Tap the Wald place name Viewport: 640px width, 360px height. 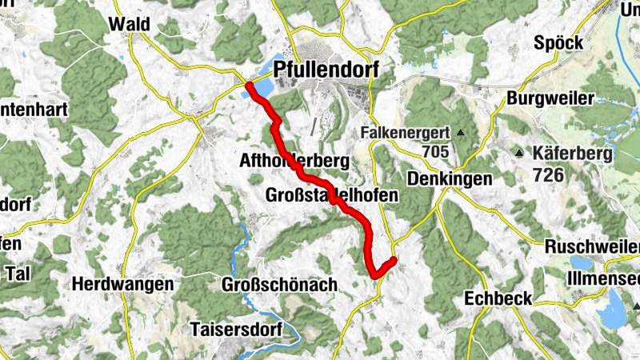130,24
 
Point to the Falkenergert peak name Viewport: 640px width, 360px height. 405,132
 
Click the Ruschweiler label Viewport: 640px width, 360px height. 591,247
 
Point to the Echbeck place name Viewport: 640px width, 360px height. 498,298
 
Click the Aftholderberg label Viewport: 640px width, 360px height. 294,162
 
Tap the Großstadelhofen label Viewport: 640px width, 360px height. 330,195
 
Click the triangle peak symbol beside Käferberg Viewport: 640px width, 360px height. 519,153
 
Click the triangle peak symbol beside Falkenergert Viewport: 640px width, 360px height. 461,132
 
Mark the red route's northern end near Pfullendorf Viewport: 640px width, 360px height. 250,85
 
